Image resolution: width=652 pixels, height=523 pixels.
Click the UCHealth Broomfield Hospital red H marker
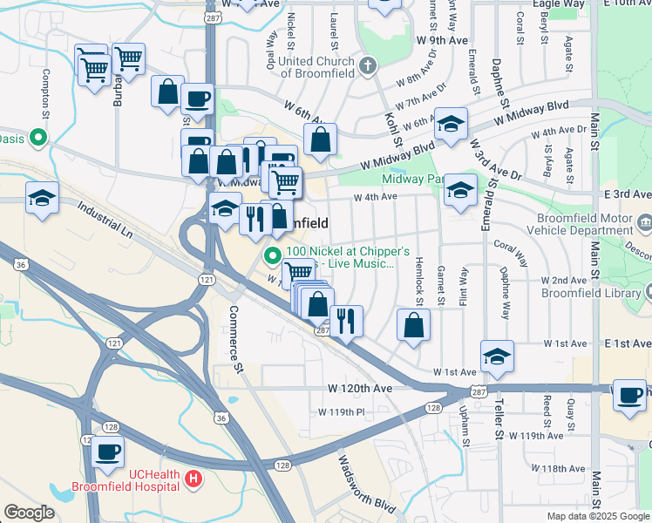click(194, 479)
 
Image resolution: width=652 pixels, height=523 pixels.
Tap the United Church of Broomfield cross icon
click(368, 65)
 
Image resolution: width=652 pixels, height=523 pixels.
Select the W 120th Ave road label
click(361, 387)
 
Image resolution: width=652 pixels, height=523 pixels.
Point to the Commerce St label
click(234, 339)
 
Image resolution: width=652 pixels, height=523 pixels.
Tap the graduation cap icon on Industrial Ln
click(42, 198)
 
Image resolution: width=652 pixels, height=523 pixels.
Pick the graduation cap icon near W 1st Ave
click(497, 356)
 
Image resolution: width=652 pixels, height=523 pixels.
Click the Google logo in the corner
click(29, 512)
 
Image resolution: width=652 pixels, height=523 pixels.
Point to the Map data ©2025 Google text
click(597, 516)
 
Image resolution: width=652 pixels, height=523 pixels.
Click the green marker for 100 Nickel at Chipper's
click(272, 255)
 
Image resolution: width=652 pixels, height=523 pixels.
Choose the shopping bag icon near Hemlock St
click(413, 325)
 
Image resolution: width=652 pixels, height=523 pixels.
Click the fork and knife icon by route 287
click(348, 321)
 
